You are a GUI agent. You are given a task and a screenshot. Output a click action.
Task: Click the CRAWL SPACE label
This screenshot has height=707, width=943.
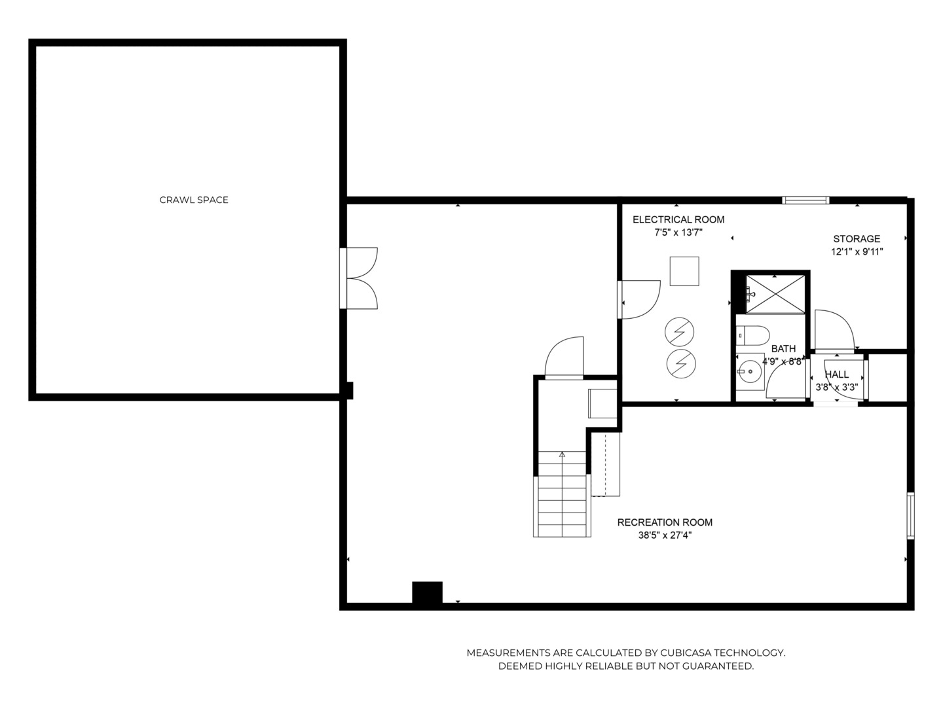pos(194,200)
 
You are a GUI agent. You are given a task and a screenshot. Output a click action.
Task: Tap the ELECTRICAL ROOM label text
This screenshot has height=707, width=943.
pos(678,220)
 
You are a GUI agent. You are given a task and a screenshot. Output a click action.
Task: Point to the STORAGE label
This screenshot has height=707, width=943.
pos(857,239)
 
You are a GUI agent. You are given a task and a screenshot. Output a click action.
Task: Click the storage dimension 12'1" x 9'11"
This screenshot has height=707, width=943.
pos(857,251)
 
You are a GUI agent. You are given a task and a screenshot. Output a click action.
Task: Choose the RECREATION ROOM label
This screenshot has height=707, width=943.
pos(665,522)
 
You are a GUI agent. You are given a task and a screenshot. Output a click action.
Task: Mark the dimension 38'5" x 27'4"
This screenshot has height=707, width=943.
pos(665,535)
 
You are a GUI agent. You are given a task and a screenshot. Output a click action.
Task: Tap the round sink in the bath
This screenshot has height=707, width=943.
pos(749,372)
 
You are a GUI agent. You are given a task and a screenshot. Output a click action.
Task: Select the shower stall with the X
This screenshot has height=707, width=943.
pos(775,294)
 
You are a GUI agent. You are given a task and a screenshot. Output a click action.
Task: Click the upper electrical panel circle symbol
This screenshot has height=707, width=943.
pos(680,333)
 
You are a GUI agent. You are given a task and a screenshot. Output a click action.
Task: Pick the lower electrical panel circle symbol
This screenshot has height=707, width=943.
pos(680,362)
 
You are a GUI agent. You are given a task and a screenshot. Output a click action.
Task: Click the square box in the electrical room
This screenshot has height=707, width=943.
pos(684,271)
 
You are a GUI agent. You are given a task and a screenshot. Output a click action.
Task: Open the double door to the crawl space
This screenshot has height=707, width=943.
pos(359,278)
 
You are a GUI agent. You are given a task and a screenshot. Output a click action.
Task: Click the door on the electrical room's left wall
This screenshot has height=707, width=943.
pos(638,300)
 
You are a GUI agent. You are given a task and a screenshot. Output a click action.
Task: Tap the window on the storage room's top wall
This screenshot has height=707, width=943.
pos(806,200)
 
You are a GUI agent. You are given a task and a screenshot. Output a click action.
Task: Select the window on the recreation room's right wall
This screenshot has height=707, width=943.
pos(910,515)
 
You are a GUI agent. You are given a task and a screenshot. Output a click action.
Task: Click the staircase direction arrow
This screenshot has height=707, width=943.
pos(562,454)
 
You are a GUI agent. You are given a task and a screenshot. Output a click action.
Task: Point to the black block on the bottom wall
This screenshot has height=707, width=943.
pos(427,592)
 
